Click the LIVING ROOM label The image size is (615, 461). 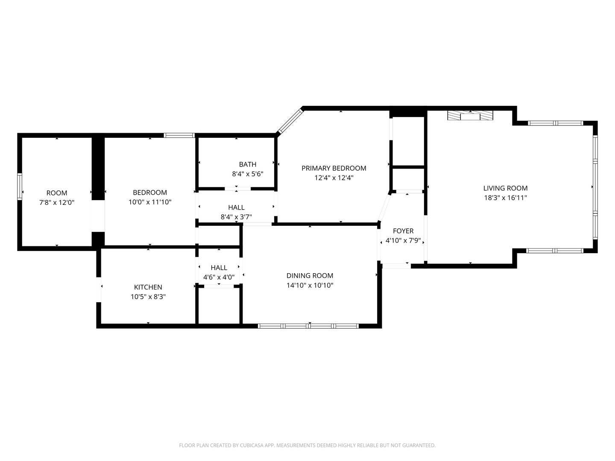coord(505,188)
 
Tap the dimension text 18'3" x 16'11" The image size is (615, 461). coord(505,198)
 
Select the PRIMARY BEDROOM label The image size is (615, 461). coord(334,168)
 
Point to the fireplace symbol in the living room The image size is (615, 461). coord(470,116)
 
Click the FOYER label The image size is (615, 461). coord(403,231)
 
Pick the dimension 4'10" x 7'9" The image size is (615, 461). coord(403,241)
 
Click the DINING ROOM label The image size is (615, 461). coord(310,276)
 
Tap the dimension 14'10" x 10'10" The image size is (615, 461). coord(310,286)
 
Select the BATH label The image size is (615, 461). coord(248,164)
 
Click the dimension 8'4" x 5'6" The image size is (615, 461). coord(248,174)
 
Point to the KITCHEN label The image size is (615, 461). coord(148,287)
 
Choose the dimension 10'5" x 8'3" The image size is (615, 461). coord(148,297)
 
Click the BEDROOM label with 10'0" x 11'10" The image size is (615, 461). coord(150,193)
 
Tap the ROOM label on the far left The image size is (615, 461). coord(57,193)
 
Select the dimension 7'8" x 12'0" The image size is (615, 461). coord(57,203)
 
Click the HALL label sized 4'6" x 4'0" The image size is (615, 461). coord(219,268)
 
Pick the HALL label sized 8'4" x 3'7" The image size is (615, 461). coord(236,207)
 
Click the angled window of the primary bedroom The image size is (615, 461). coord(290,122)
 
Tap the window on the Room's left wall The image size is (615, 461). coord(20,186)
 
